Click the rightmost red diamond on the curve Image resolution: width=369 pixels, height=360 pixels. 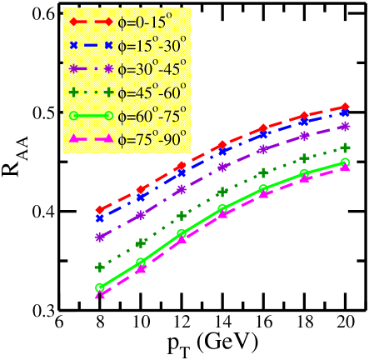tap(346, 107)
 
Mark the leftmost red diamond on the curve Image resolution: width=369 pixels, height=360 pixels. tap(100, 210)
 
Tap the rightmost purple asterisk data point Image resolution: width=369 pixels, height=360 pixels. tap(346, 127)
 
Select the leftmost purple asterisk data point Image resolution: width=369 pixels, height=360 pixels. tap(100, 237)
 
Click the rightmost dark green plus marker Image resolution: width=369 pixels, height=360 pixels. tap(346, 147)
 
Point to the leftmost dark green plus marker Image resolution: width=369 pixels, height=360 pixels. tap(100, 267)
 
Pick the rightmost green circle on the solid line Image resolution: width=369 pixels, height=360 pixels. tap(346, 162)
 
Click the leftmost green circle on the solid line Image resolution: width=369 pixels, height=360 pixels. tap(100, 287)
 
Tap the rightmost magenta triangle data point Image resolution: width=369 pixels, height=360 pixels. tap(346, 167)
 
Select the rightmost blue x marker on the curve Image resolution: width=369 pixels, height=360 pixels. tap(346, 113)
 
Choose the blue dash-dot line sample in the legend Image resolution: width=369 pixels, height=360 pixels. tap(94, 45)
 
